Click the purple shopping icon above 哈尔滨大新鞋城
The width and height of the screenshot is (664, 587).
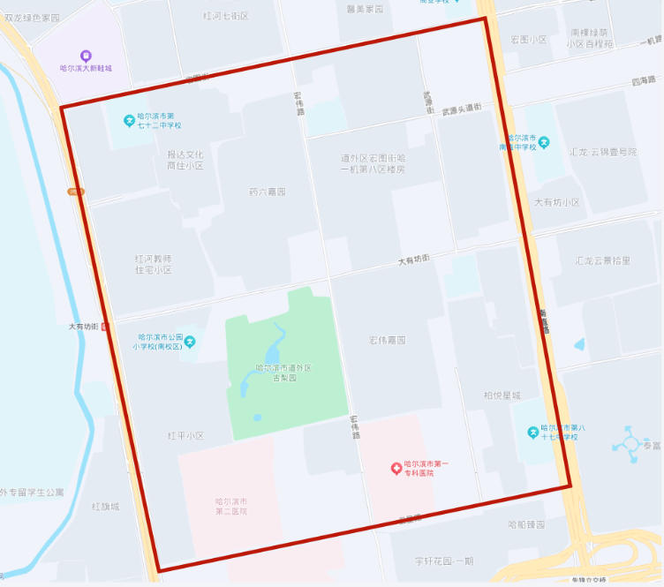(x=85, y=56)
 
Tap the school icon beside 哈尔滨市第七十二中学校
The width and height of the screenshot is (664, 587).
(x=128, y=120)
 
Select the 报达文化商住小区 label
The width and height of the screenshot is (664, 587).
(x=185, y=160)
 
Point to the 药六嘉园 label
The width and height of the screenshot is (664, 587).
(x=268, y=192)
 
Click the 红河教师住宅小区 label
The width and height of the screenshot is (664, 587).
(x=153, y=264)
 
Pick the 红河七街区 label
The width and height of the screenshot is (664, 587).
(x=225, y=16)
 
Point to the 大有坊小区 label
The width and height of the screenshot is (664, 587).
(x=557, y=202)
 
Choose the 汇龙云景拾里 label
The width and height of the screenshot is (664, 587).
(x=602, y=260)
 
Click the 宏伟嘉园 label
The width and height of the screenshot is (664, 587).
(x=387, y=340)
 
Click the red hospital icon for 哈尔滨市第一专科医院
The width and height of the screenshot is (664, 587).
(x=397, y=468)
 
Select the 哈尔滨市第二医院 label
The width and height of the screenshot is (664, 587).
(x=231, y=506)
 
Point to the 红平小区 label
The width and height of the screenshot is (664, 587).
(x=185, y=436)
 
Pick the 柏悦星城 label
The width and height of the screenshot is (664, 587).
(x=502, y=395)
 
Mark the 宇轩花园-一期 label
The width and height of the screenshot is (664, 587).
(x=444, y=561)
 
